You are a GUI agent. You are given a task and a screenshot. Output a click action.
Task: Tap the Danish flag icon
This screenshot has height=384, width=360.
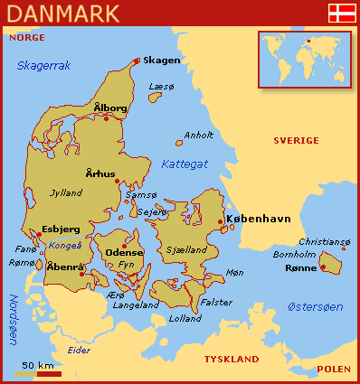(x=340, y=13)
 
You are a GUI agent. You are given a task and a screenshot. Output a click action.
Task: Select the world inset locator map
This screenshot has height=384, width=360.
(x=303, y=60)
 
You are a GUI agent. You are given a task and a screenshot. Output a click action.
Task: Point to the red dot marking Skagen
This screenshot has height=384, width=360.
(x=137, y=61)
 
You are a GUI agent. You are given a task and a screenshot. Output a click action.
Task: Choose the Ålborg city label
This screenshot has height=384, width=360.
(x=110, y=108)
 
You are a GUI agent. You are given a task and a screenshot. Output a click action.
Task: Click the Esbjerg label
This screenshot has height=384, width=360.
(x=62, y=229)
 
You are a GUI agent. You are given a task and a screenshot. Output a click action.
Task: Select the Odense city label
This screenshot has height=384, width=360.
(x=124, y=253)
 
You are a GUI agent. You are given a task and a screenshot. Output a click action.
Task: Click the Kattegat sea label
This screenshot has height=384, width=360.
(x=185, y=164)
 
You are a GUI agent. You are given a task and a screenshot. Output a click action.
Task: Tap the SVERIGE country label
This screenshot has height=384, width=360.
(x=296, y=140)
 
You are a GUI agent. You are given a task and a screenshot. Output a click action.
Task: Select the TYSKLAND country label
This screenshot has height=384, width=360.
(x=232, y=359)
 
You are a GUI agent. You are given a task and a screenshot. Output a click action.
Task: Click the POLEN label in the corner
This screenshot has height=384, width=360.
(x=334, y=370)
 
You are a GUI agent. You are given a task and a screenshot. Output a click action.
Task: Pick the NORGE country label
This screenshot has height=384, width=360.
(x=24, y=39)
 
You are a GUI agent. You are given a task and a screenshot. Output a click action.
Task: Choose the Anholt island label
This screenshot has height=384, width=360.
(x=198, y=136)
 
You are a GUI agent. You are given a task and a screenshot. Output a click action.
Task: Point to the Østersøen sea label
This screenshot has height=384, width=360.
(x=314, y=307)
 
